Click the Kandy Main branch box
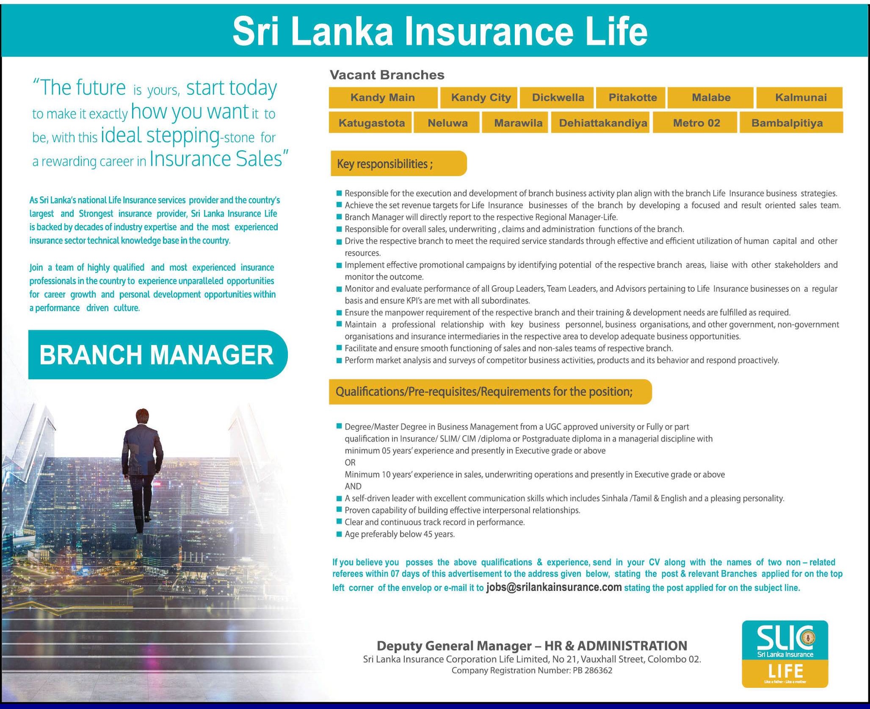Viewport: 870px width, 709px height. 383,98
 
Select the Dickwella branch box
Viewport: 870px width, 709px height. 558,98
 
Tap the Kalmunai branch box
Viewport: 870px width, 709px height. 800,98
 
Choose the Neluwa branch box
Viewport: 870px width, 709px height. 447,123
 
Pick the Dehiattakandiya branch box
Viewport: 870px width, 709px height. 602,123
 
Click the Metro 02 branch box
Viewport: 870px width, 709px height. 696,123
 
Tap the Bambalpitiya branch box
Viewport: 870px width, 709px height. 787,123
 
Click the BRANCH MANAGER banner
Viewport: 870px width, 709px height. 157,355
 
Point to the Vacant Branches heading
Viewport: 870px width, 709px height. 387,75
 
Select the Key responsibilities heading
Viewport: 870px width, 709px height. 385,164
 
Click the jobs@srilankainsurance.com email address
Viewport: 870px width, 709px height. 554,587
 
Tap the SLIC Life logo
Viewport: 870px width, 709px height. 785,654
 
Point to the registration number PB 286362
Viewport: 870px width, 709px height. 592,670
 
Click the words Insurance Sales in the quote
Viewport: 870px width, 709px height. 216,160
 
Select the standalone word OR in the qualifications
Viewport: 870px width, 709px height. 350,463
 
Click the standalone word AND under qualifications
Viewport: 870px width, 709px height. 353,486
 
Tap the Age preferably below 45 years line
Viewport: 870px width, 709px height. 399,534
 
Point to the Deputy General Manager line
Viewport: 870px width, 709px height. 532,646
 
